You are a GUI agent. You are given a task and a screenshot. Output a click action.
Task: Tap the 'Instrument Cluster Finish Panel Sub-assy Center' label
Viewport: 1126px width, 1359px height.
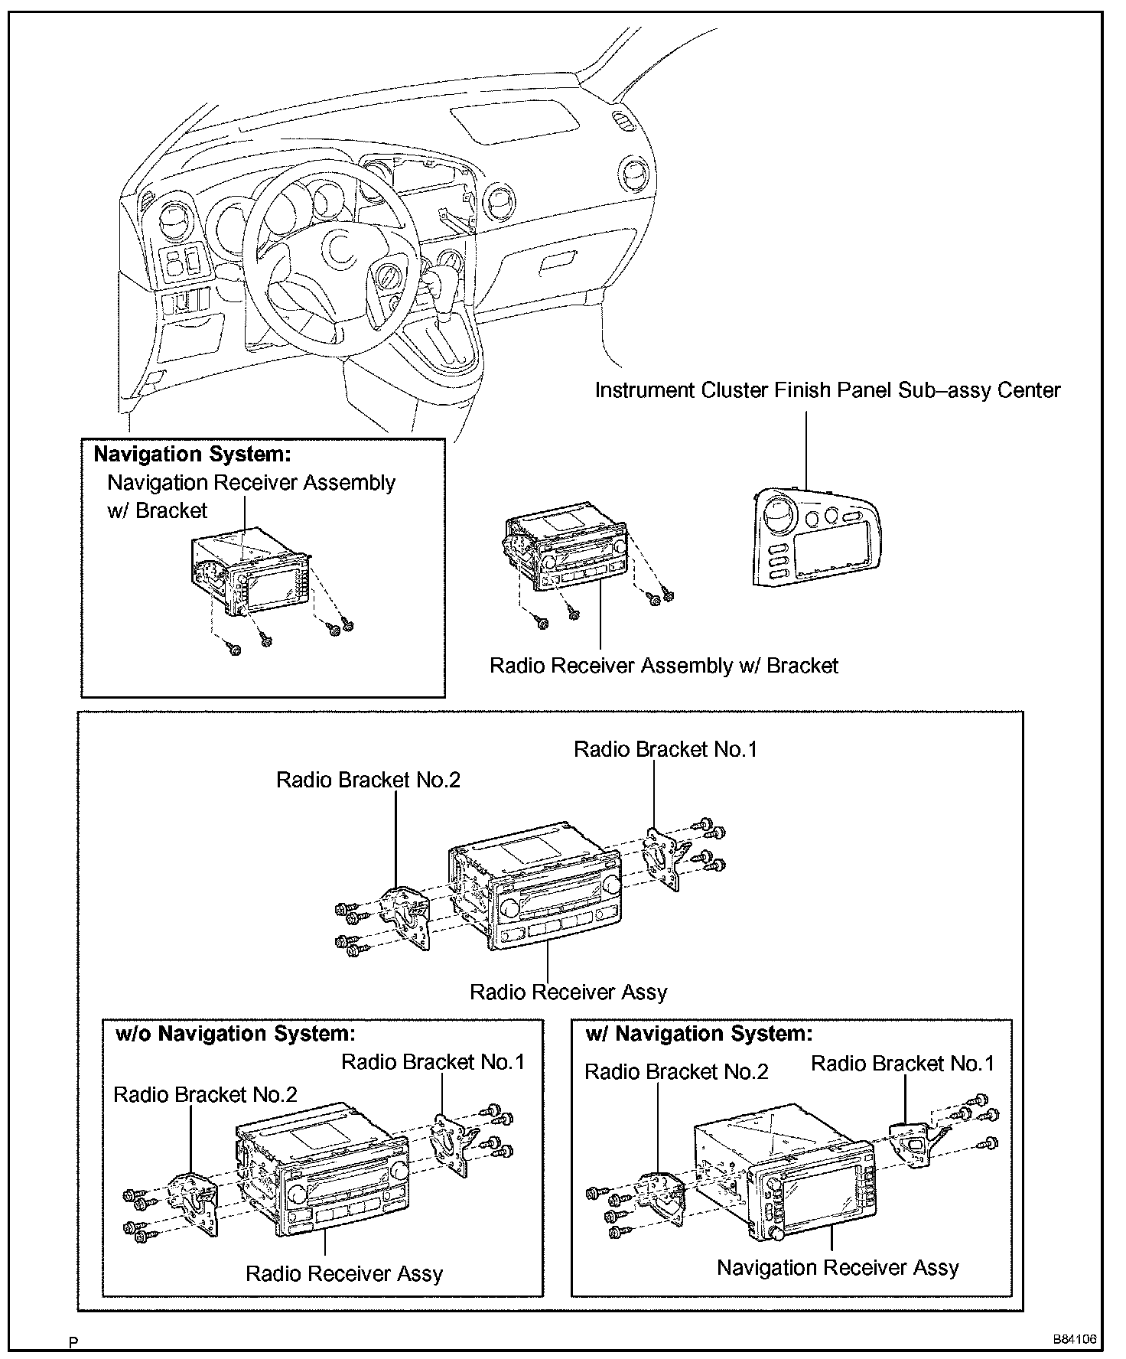pyautogui.click(x=828, y=390)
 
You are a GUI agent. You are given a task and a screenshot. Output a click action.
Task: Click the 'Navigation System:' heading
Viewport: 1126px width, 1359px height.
pyautogui.click(x=192, y=455)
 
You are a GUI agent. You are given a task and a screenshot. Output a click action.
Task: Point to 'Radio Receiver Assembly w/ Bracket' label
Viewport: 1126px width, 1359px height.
pyautogui.click(x=663, y=666)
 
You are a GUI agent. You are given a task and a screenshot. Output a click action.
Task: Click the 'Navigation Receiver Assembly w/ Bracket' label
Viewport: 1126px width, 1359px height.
pyautogui.click(x=251, y=496)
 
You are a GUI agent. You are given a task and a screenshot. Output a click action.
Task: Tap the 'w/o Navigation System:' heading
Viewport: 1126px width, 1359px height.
pyautogui.click(x=236, y=1034)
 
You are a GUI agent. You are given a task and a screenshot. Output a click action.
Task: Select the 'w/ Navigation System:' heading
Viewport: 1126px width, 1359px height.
pyautogui.click(x=698, y=1034)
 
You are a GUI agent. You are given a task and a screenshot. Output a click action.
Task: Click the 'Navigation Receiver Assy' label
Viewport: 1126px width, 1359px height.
pyautogui.click(x=837, y=1268)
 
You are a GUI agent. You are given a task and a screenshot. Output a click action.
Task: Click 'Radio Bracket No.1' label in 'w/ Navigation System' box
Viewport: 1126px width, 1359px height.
pyautogui.click(x=902, y=1064)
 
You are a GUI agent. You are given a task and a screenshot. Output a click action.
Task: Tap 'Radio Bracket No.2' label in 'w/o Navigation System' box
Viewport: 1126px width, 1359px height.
pyautogui.click(x=205, y=1094)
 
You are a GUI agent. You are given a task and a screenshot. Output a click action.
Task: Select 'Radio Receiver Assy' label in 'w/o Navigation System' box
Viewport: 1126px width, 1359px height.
pyautogui.click(x=344, y=1274)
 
